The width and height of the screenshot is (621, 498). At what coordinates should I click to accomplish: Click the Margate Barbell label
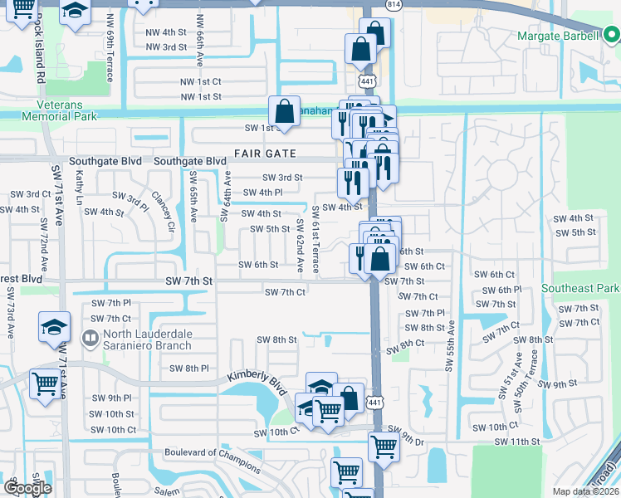tap(557, 37)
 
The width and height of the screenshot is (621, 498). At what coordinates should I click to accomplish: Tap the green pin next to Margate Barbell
tap(611, 36)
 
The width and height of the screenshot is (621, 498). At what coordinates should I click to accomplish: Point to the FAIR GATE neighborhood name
tap(264, 154)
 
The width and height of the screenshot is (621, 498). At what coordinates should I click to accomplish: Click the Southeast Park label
tap(580, 288)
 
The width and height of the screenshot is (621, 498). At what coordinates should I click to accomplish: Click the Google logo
tap(28, 488)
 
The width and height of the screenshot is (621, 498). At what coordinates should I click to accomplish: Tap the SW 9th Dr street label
tap(405, 430)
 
